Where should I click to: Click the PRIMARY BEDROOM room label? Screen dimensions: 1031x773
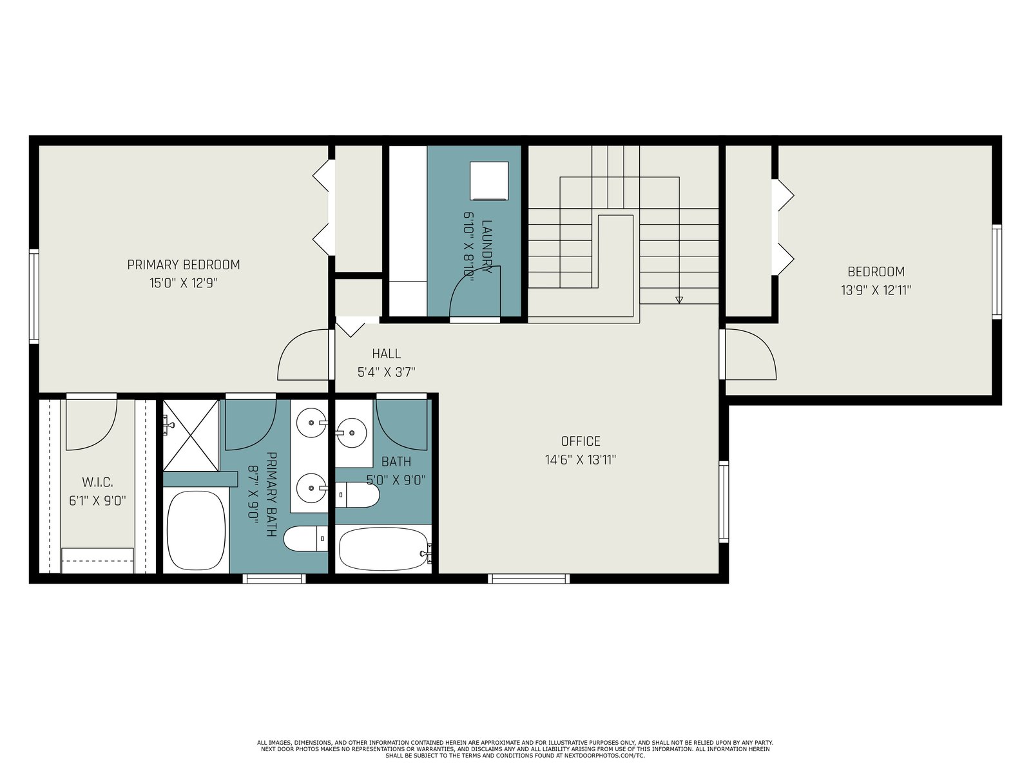coord(184,265)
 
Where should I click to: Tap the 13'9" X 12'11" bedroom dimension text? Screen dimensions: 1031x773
coord(876,290)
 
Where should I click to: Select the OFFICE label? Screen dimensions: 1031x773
coord(581,441)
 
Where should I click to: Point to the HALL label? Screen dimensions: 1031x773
coord(386,354)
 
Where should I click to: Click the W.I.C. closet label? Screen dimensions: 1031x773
coord(97,482)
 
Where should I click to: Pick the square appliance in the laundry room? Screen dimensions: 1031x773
coord(490,181)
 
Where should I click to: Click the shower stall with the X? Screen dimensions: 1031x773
coord(191,435)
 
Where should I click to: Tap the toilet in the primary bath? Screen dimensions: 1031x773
coord(306,539)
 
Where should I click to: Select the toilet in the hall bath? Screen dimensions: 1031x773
coord(357,495)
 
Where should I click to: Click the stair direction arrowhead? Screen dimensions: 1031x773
coord(679,300)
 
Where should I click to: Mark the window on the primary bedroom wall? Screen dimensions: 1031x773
coord(34,296)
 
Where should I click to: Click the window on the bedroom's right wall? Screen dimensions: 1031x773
coord(997,272)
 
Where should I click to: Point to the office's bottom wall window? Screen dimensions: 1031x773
coord(528,578)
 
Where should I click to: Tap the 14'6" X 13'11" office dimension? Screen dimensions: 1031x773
coord(581,459)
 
